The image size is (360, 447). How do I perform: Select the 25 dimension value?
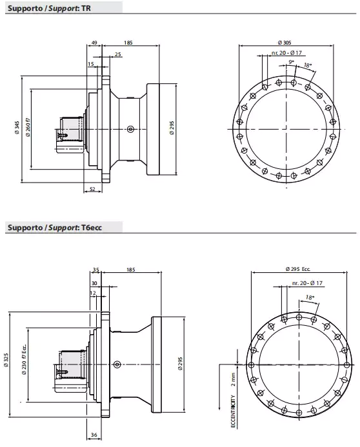click(x=117, y=54)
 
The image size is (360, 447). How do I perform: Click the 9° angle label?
click(x=292, y=61)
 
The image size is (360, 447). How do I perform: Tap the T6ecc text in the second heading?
click(x=93, y=228)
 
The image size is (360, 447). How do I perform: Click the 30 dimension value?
click(x=95, y=283)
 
